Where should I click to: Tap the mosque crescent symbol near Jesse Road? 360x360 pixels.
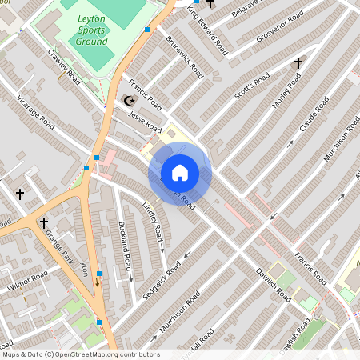126,101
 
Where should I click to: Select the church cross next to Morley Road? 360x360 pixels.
298,62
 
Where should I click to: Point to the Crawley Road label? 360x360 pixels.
65,66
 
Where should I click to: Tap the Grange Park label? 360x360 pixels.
61,245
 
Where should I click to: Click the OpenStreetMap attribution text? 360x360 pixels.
80,354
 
